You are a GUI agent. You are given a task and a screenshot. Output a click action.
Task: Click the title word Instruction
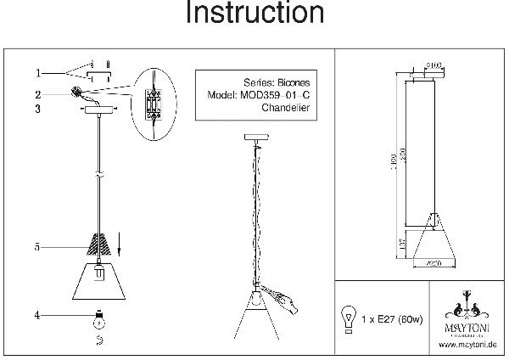pyautogui.click(x=254, y=14)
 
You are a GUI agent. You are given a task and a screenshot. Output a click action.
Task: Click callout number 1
pyautogui.click(x=38, y=72)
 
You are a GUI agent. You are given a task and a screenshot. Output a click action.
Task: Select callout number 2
pyautogui.click(x=38, y=93)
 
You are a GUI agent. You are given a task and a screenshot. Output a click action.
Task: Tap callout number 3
pyautogui.click(x=38, y=109)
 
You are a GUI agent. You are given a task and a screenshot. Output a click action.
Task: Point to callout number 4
pyautogui.click(x=38, y=316)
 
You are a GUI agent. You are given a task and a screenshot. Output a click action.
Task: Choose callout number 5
pyautogui.click(x=38, y=247)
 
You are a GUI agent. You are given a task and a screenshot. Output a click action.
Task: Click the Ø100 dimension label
pyautogui.click(x=435, y=65)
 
